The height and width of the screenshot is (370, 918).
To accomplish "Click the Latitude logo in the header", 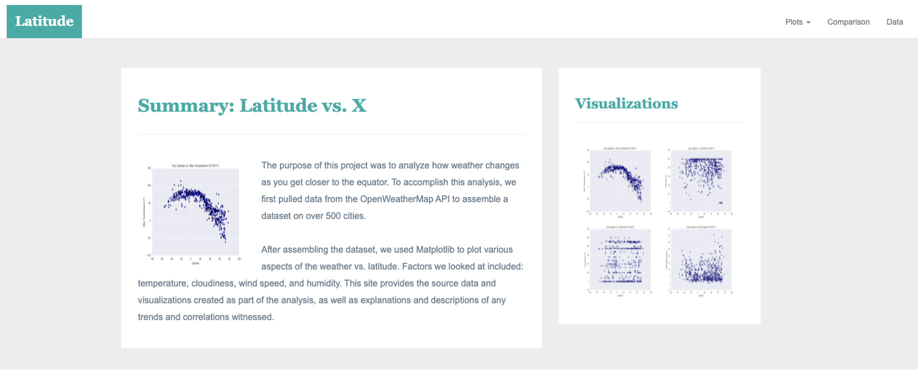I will [x=44, y=21].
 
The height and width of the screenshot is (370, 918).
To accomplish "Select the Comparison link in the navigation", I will [x=848, y=22].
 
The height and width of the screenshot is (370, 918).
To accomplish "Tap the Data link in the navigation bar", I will [x=895, y=22].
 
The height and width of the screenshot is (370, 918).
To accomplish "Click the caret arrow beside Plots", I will [x=809, y=22].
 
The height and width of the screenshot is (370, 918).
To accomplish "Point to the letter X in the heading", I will [x=359, y=106].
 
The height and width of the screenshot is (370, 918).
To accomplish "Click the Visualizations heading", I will [x=626, y=103].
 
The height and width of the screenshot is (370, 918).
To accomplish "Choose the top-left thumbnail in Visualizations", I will [x=619, y=181].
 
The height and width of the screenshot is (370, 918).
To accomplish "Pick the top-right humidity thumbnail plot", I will [x=700, y=181].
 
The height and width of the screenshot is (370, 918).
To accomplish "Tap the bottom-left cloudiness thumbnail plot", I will [x=619, y=260].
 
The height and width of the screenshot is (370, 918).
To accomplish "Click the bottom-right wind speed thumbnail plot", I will [x=700, y=260].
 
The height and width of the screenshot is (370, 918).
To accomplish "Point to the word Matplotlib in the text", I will [x=435, y=249].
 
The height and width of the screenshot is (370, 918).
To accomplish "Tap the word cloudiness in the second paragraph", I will [x=212, y=283].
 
